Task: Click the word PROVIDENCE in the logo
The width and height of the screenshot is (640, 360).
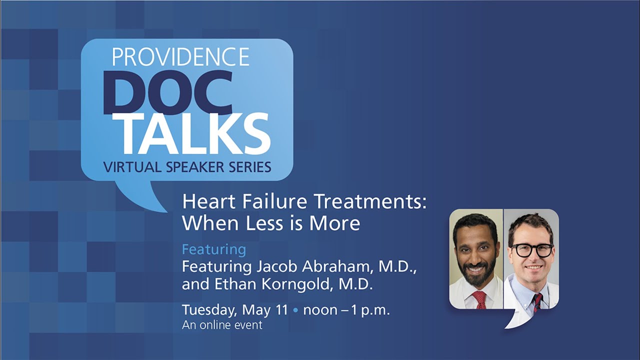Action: tap(180, 57)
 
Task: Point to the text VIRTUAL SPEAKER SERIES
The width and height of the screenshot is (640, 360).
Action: tap(187, 167)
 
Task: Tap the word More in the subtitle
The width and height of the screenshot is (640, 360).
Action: tap(334, 223)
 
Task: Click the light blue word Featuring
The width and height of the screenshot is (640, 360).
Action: tap(213, 249)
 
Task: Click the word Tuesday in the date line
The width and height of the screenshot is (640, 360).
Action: tap(209, 310)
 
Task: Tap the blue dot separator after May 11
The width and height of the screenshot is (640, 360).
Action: tap(295, 310)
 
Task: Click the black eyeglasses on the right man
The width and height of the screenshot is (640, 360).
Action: tap(531, 250)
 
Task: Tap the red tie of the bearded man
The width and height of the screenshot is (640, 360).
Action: tap(479, 299)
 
